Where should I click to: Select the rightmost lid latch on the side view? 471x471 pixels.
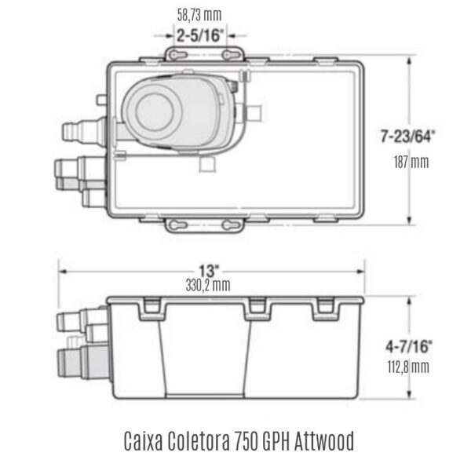pos(327,310)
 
